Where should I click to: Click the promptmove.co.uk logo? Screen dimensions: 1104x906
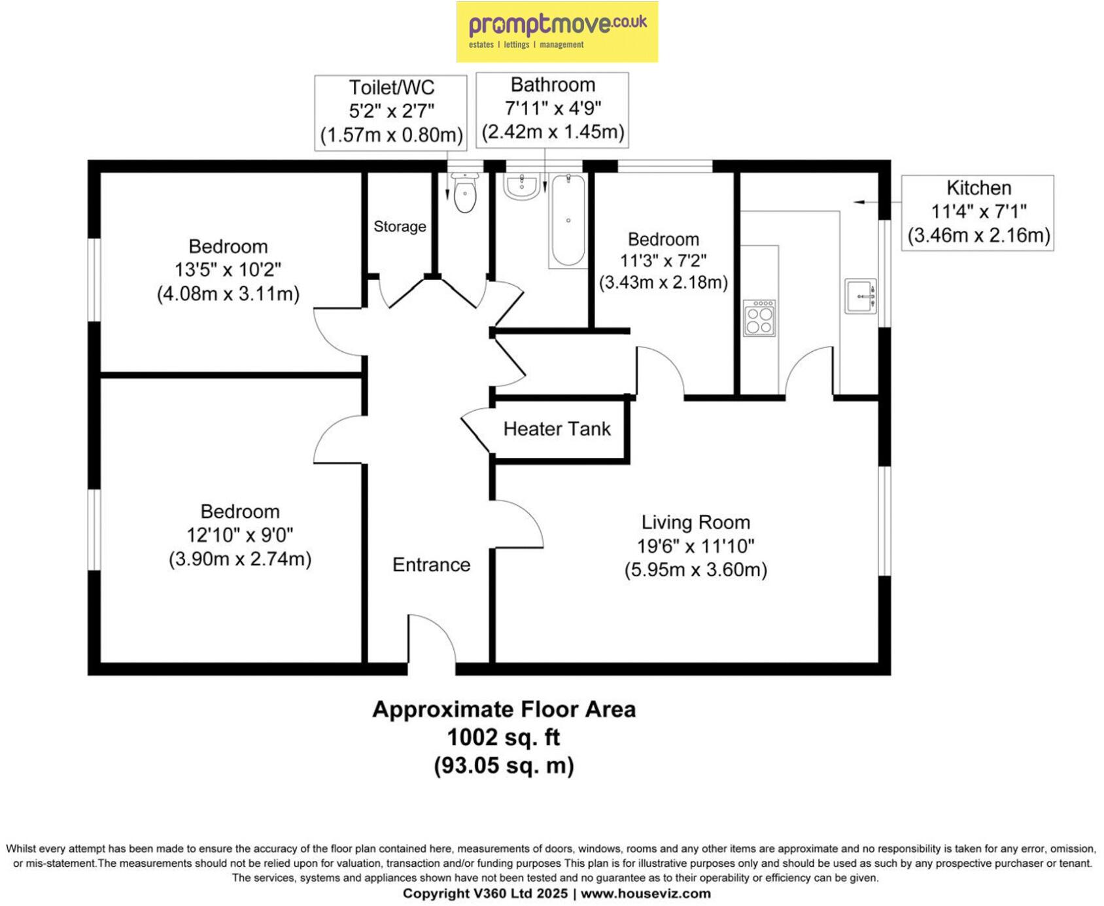click(557, 32)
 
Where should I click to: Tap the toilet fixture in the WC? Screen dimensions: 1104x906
click(464, 192)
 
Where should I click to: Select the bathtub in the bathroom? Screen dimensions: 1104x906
click(568, 220)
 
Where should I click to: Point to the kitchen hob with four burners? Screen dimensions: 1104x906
click(759, 319)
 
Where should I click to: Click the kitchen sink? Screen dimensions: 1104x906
click(861, 296)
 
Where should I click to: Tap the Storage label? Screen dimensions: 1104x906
click(400, 226)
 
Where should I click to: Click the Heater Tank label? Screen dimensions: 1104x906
click(557, 429)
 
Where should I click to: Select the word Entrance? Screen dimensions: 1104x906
click(431, 565)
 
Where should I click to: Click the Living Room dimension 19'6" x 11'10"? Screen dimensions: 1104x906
click(696, 546)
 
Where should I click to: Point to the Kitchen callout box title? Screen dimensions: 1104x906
click(978, 188)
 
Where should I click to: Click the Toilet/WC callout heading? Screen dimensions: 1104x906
click(391, 88)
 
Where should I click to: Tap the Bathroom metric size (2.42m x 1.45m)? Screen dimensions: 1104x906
click(553, 131)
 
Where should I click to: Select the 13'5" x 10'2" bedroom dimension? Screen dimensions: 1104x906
click(228, 270)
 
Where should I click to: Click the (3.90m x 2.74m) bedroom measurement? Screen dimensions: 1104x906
click(240, 559)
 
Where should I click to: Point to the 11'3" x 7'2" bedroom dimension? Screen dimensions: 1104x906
click(663, 261)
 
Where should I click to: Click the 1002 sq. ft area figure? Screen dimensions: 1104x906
click(503, 737)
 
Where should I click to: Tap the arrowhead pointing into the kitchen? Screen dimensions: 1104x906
click(857, 202)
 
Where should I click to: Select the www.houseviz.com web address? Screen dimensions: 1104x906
click(646, 894)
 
